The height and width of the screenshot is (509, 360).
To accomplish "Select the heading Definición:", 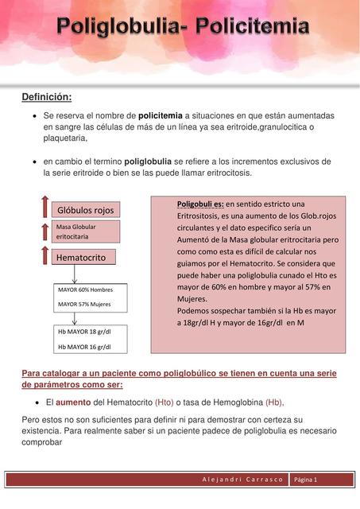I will pos(46,97).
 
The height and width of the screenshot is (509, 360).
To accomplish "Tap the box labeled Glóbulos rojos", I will pos(85,210).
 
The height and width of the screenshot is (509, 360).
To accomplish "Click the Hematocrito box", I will pos(86,258).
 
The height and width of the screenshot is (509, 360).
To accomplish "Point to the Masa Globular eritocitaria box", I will pos(86,231).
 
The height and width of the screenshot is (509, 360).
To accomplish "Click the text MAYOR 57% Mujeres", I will pos(84,304).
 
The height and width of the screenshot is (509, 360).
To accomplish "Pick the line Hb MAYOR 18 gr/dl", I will pos(84,332).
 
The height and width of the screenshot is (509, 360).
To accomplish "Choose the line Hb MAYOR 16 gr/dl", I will pos(84,347).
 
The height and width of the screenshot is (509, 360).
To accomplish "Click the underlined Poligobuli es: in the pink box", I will pos(200,204).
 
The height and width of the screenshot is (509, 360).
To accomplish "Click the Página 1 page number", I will pos(306,480).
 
